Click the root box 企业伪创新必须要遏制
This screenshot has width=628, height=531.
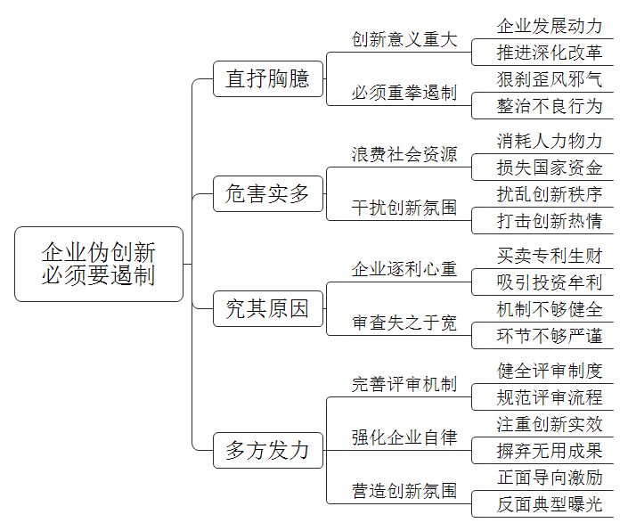point(99,264)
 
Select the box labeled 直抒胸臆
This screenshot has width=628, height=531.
point(268,79)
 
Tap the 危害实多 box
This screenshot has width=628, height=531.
point(268,194)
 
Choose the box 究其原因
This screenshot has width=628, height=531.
point(268,309)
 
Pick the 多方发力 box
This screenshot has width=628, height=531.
point(268,450)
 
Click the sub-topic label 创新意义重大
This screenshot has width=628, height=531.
point(404,39)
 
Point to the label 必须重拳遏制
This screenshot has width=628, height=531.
point(404,93)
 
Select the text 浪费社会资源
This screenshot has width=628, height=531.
point(404,154)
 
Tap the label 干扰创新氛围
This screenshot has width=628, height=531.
point(404,208)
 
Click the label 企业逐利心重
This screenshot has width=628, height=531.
point(404,269)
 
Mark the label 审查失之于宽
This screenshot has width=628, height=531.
point(404,323)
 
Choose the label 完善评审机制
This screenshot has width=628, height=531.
point(404,384)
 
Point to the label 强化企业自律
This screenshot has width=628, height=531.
point(404,437)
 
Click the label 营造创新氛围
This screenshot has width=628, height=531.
point(404,491)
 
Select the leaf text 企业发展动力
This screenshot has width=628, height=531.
point(550,26)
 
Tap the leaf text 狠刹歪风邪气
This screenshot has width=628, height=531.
point(550,79)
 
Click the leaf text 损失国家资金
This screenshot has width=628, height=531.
point(550,167)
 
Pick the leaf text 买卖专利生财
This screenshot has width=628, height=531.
point(550,256)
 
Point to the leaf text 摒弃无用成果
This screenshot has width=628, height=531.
point(550,451)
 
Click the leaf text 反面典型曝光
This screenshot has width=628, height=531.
point(550,504)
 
